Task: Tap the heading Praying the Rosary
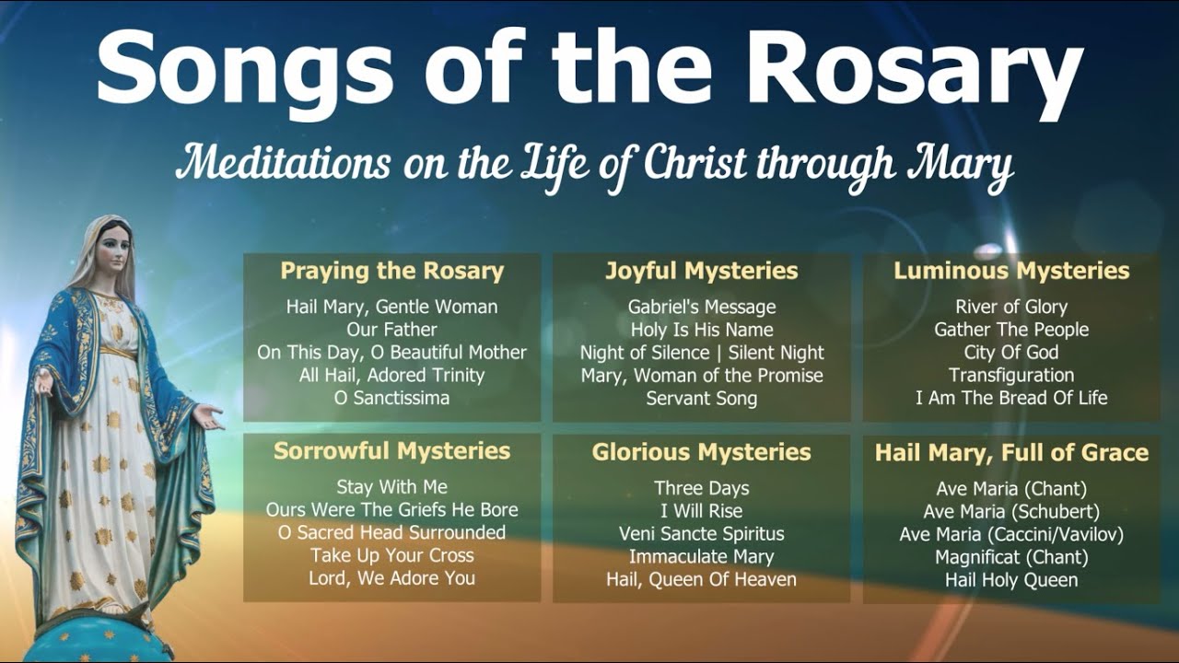391,271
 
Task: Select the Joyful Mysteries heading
701,271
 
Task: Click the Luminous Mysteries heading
1011,271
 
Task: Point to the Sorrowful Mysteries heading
391,451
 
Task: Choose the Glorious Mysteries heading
701,452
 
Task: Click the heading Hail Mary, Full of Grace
1011,453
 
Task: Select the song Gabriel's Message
701,307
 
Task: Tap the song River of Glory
1011,307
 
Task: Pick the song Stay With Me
391,487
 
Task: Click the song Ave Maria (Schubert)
1011,511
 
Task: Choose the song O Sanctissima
391,398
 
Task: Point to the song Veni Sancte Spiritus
701,533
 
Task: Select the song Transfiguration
1011,375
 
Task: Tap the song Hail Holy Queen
1011,579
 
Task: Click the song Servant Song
701,398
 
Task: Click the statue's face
113,247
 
